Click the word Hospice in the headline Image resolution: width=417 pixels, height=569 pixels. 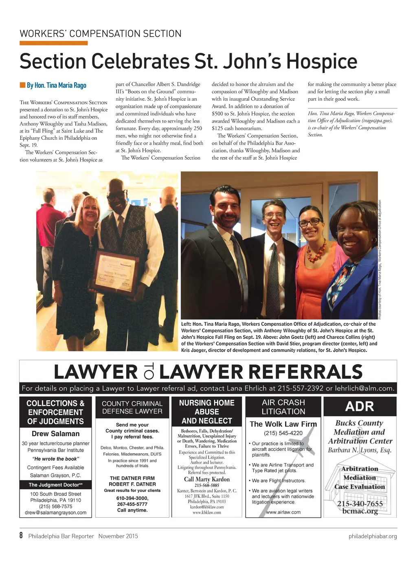coord(322,62)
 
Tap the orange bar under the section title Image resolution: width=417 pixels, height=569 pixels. coord(53,43)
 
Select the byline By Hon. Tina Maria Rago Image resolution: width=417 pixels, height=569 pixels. coord(56,85)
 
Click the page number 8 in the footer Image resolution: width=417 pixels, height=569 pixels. coord(21,536)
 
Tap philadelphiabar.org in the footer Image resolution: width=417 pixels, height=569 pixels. coord(372,536)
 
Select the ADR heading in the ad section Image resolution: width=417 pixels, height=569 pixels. coord(360,406)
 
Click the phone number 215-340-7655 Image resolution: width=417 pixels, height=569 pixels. coord(360,504)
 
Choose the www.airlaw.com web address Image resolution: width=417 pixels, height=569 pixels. coord(283,512)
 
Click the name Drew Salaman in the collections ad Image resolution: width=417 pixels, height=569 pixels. coord(55,433)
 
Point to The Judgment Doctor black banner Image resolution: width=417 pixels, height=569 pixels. coord(55,485)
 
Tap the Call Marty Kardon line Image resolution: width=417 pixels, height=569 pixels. coord(206,479)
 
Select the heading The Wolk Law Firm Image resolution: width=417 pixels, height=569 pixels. coord(283,424)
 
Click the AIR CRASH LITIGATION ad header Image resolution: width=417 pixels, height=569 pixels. coord(283,407)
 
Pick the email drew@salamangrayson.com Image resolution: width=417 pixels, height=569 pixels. coord(55,512)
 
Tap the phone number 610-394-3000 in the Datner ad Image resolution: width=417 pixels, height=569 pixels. coord(132,498)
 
